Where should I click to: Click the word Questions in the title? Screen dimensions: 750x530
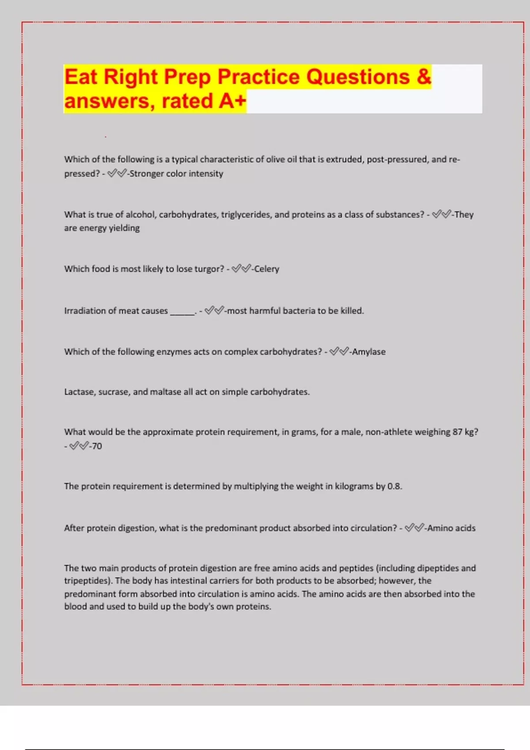tap(358, 77)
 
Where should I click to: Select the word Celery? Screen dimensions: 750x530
tap(267, 269)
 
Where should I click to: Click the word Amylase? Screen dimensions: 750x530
tap(369, 352)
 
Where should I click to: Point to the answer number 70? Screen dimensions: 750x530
tap(97, 446)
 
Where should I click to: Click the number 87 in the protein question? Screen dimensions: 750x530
tap(457, 432)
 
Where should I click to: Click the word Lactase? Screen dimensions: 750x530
tap(79, 392)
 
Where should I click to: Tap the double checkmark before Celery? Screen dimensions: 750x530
tap(241, 269)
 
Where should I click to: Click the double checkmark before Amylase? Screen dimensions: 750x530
tap(339, 352)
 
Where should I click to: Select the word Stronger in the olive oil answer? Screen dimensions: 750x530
tap(146, 174)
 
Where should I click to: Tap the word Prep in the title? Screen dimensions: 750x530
tap(188, 77)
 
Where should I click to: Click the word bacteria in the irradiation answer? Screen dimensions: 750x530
tap(299, 311)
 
